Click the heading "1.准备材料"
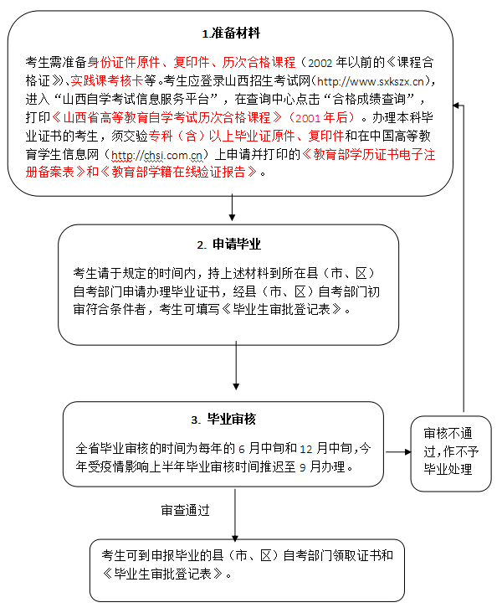click(231, 33)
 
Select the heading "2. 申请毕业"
click(228, 245)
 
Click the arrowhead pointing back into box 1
click(456, 106)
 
